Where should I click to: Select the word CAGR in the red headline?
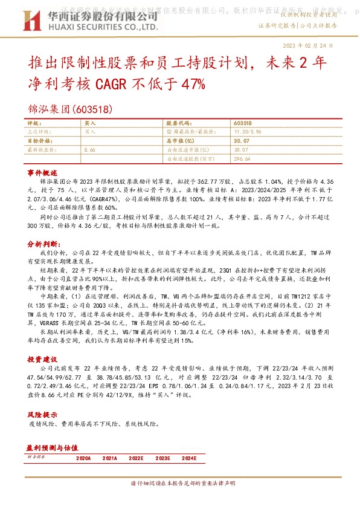[x=112, y=83]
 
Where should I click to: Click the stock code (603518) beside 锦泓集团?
[x=92, y=111]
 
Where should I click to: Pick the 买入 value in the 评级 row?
[x=90, y=123]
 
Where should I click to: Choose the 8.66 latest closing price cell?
[x=91, y=149]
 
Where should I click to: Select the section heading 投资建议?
[x=42, y=359]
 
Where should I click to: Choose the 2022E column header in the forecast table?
[x=136, y=459]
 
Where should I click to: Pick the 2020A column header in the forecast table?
[x=83, y=459]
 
